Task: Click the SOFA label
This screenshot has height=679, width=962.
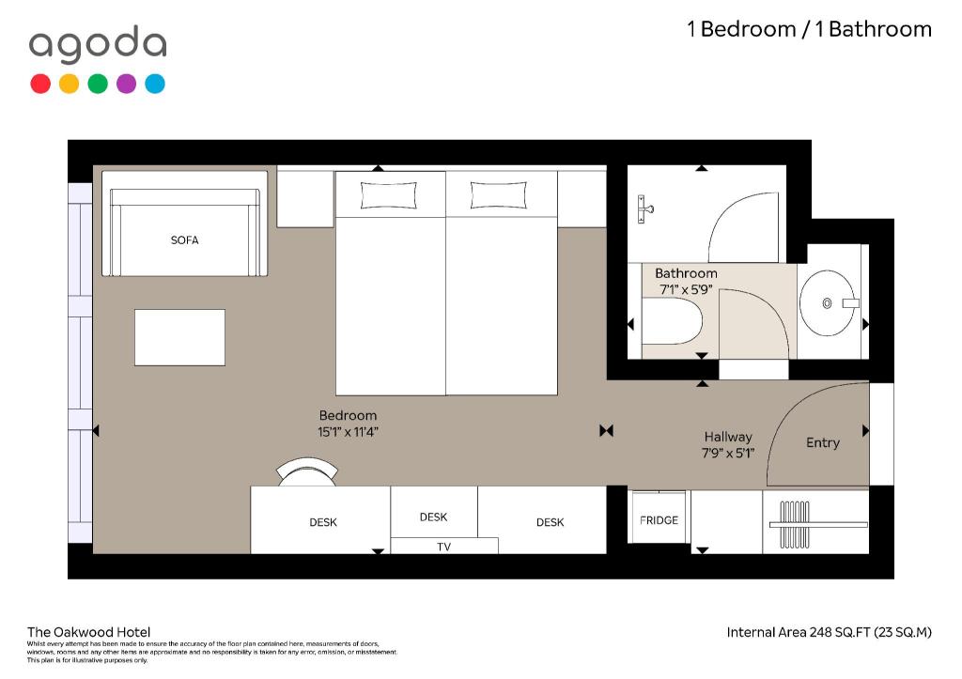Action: tap(185, 239)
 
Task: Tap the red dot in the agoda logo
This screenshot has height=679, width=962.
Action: tap(40, 84)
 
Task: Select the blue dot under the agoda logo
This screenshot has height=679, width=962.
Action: tap(155, 84)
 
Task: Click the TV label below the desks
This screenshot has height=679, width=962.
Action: tap(443, 547)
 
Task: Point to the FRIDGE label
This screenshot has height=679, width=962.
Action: tap(659, 520)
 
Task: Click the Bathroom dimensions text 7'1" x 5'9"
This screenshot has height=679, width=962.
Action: tap(685, 289)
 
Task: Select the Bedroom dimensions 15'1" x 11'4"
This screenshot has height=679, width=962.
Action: tap(348, 432)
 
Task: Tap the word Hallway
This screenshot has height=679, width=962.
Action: tap(728, 437)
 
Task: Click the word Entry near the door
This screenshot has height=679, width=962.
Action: tap(823, 443)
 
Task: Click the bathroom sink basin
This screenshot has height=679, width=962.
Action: tap(827, 303)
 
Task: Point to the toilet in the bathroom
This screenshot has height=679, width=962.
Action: tap(671, 321)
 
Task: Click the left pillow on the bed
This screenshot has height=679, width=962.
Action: tap(388, 195)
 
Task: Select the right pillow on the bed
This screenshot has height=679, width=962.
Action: tap(498, 195)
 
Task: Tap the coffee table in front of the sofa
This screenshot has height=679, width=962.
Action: tap(179, 337)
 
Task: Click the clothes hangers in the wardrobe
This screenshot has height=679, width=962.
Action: tap(795, 524)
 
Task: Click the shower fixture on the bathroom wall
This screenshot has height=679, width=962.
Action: tap(644, 209)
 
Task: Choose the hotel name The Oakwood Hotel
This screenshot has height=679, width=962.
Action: tap(88, 632)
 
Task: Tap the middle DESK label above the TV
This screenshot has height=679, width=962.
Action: tap(433, 517)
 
